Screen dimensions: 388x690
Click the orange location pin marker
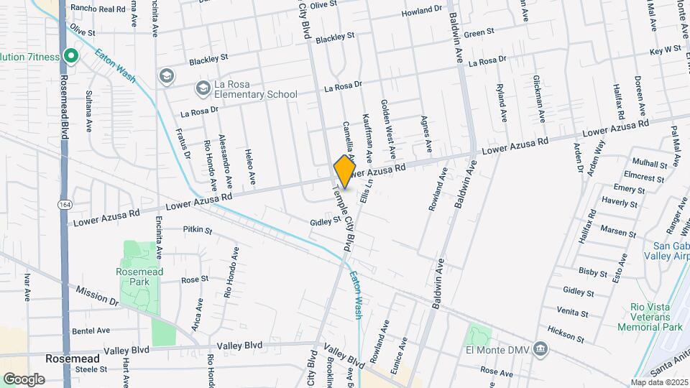tap(345, 171)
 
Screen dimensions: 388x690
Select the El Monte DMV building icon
tap(540, 351)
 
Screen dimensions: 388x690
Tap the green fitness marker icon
tap(70, 55)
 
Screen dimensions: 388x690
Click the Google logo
tap(24, 379)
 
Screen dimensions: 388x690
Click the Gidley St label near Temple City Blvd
tap(324, 222)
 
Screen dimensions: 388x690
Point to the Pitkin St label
tap(198, 230)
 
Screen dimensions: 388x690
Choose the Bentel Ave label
tap(91, 331)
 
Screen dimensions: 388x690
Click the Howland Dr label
tap(422, 12)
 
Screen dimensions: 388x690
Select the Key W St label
tap(665, 50)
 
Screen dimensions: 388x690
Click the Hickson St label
tap(560, 334)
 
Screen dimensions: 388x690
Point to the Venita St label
tap(573, 313)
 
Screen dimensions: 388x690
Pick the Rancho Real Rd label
tap(103, 9)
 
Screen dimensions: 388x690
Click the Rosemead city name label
tap(67, 357)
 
